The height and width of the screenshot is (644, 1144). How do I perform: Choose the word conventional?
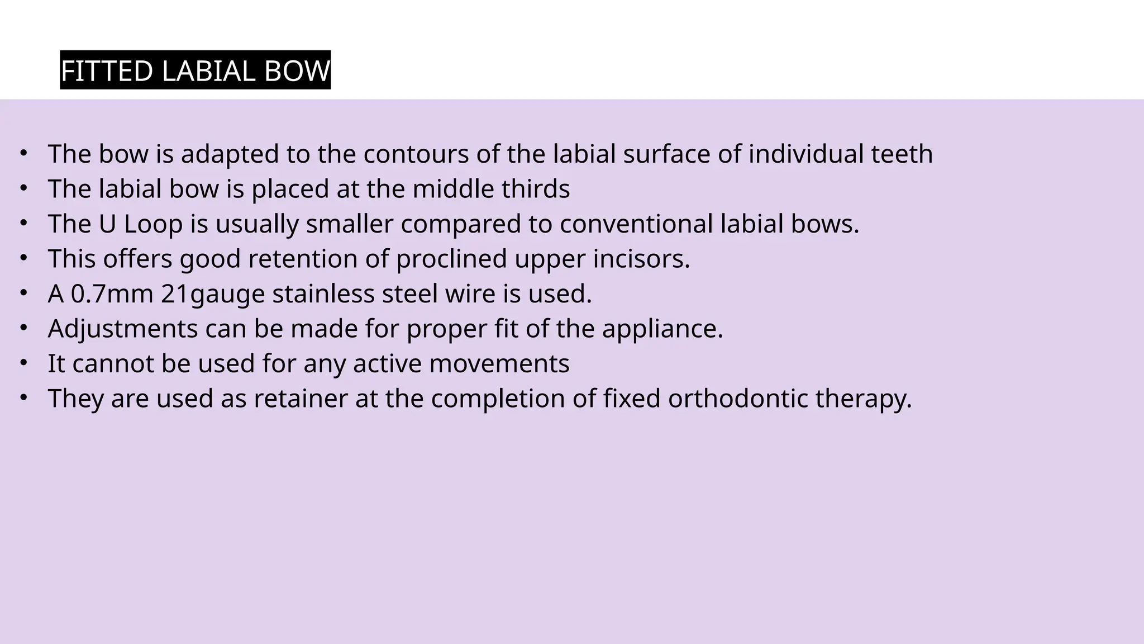tap(636, 224)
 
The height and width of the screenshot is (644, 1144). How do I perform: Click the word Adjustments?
tap(123, 329)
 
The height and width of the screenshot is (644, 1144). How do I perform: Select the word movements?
tap(499, 364)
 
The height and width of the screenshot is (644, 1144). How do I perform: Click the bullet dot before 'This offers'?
tap(23, 258)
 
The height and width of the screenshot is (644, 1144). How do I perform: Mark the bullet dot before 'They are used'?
tap(23, 397)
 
